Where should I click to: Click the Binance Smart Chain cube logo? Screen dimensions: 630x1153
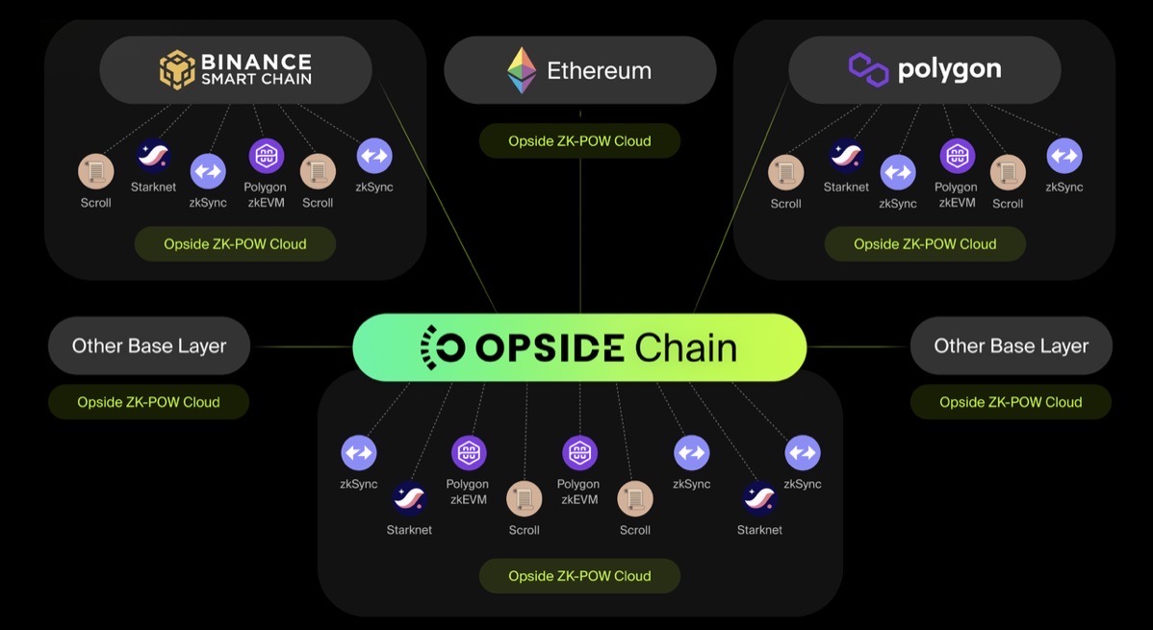[177, 70]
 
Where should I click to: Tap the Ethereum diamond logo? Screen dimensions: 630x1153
[522, 70]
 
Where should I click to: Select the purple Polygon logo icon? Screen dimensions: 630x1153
[868, 70]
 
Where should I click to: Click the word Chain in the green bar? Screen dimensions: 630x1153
[685, 347]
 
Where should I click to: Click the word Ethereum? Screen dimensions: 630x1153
[599, 70]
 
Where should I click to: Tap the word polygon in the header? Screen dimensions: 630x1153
[949, 69]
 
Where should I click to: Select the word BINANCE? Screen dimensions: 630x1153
[256, 62]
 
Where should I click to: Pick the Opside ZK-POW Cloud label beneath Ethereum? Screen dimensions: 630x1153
[579, 141]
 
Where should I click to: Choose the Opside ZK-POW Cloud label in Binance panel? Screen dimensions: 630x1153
[235, 244]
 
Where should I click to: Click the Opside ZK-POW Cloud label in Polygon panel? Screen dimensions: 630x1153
[925, 244]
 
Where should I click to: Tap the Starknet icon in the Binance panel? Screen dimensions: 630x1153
[154, 155]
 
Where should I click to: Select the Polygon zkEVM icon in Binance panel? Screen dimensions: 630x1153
[267, 156]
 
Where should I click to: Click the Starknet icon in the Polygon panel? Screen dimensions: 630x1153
[846, 155]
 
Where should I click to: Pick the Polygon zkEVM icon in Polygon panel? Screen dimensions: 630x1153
[957, 156]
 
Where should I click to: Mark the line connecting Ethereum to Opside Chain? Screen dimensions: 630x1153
[580, 231]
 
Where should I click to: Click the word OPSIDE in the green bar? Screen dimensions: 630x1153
[546, 347]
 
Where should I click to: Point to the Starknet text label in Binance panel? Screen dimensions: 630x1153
[154, 187]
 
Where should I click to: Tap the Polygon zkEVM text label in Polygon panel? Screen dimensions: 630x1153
[956, 194]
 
